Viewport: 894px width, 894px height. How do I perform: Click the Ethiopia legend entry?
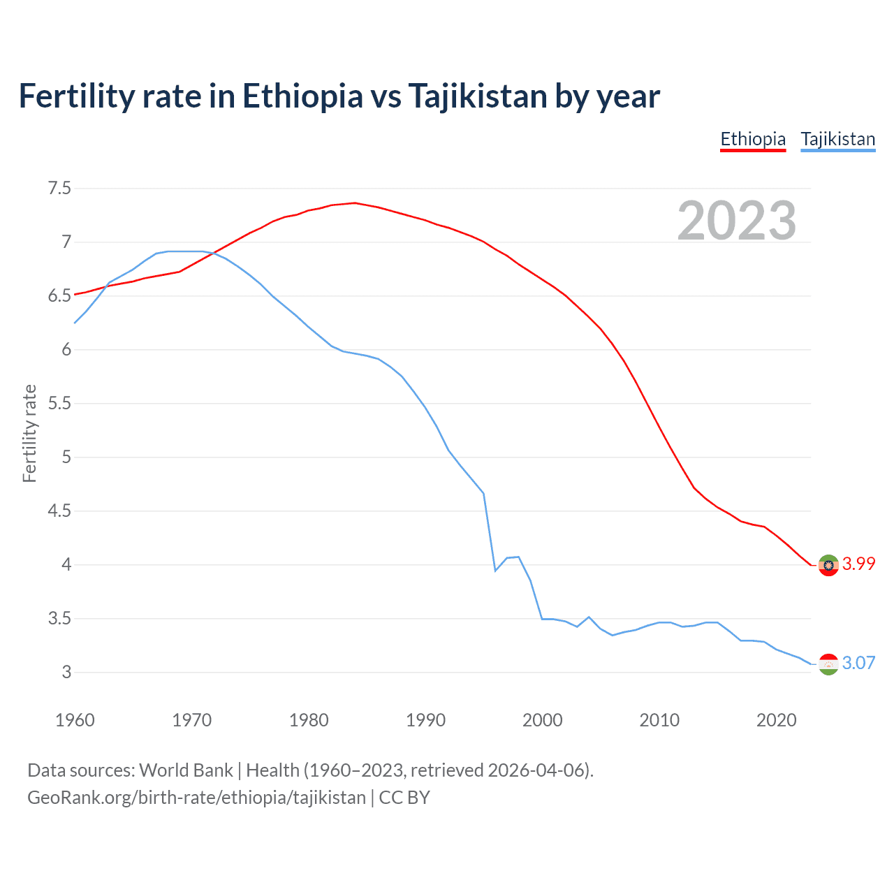click(753, 139)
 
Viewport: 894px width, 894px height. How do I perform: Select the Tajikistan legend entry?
click(837, 139)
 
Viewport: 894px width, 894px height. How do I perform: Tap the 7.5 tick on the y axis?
click(59, 189)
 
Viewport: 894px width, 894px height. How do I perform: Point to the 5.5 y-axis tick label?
click(59, 404)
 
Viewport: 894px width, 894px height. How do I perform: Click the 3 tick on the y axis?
click(66, 673)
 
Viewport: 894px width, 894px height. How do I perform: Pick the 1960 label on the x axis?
click(75, 720)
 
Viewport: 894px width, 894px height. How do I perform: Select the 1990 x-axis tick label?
click(425, 720)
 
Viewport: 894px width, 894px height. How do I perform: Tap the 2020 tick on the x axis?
click(776, 720)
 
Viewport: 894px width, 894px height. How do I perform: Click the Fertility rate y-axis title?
click(29, 433)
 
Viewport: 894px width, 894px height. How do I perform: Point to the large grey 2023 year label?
click(737, 221)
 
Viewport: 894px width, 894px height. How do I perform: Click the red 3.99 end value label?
click(858, 564)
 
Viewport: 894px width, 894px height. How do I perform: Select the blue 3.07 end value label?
click(858, 664)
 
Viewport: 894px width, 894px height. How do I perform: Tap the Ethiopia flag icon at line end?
click(828, 565)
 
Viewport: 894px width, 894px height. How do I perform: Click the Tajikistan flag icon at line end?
click(828, 664)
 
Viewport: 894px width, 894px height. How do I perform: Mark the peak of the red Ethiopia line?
click(355, 203)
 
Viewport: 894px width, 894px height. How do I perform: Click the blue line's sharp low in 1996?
click(495, 571)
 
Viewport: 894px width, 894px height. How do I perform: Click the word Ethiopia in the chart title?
click(302, 96)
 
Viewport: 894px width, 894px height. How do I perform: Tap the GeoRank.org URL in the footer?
click(196, 798)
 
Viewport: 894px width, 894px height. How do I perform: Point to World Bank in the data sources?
click(186, 770)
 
